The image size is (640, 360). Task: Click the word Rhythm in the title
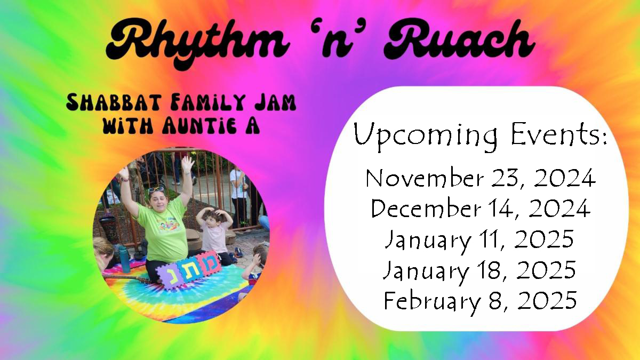(x=197, y=43)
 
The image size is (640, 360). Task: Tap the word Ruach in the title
(x=459, y=39)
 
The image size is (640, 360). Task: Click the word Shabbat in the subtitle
(x=114, y=102)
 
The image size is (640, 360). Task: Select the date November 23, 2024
(x=481, y=179)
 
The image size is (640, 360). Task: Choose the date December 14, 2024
(x=481, y=209)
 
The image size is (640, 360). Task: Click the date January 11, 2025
(x=479, y=240)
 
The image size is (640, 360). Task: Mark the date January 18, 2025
(x=479, y=271)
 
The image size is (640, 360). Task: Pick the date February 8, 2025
(x=480, y=301)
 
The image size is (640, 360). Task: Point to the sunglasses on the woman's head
(x=156, y=189)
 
